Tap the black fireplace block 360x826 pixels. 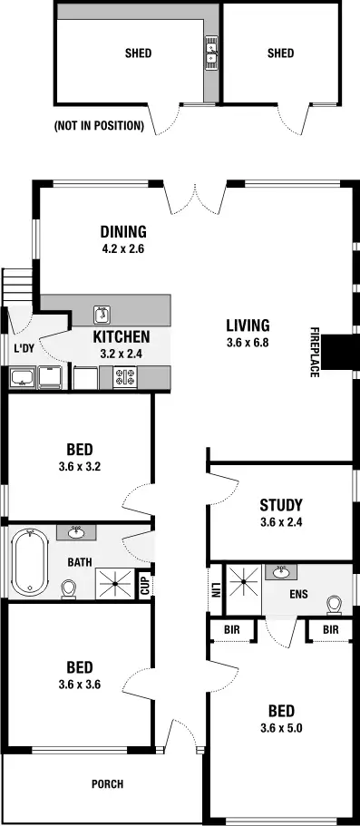coord(341,353)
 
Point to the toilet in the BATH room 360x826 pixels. coord(68,589)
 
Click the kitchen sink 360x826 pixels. coord(102,315)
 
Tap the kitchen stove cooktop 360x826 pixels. coord(126,377)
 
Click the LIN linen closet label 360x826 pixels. coord(217,588)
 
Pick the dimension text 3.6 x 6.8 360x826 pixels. coord(248,343)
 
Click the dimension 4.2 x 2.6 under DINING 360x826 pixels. coord(123,248)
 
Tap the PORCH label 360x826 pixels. coord(106,784)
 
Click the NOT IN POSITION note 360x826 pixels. coord(99,126)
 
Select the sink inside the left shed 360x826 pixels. coord(211,53)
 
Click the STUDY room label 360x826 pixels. coord(280,505)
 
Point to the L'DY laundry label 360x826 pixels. coord(24,348)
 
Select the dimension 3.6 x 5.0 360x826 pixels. coord(280,726)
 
